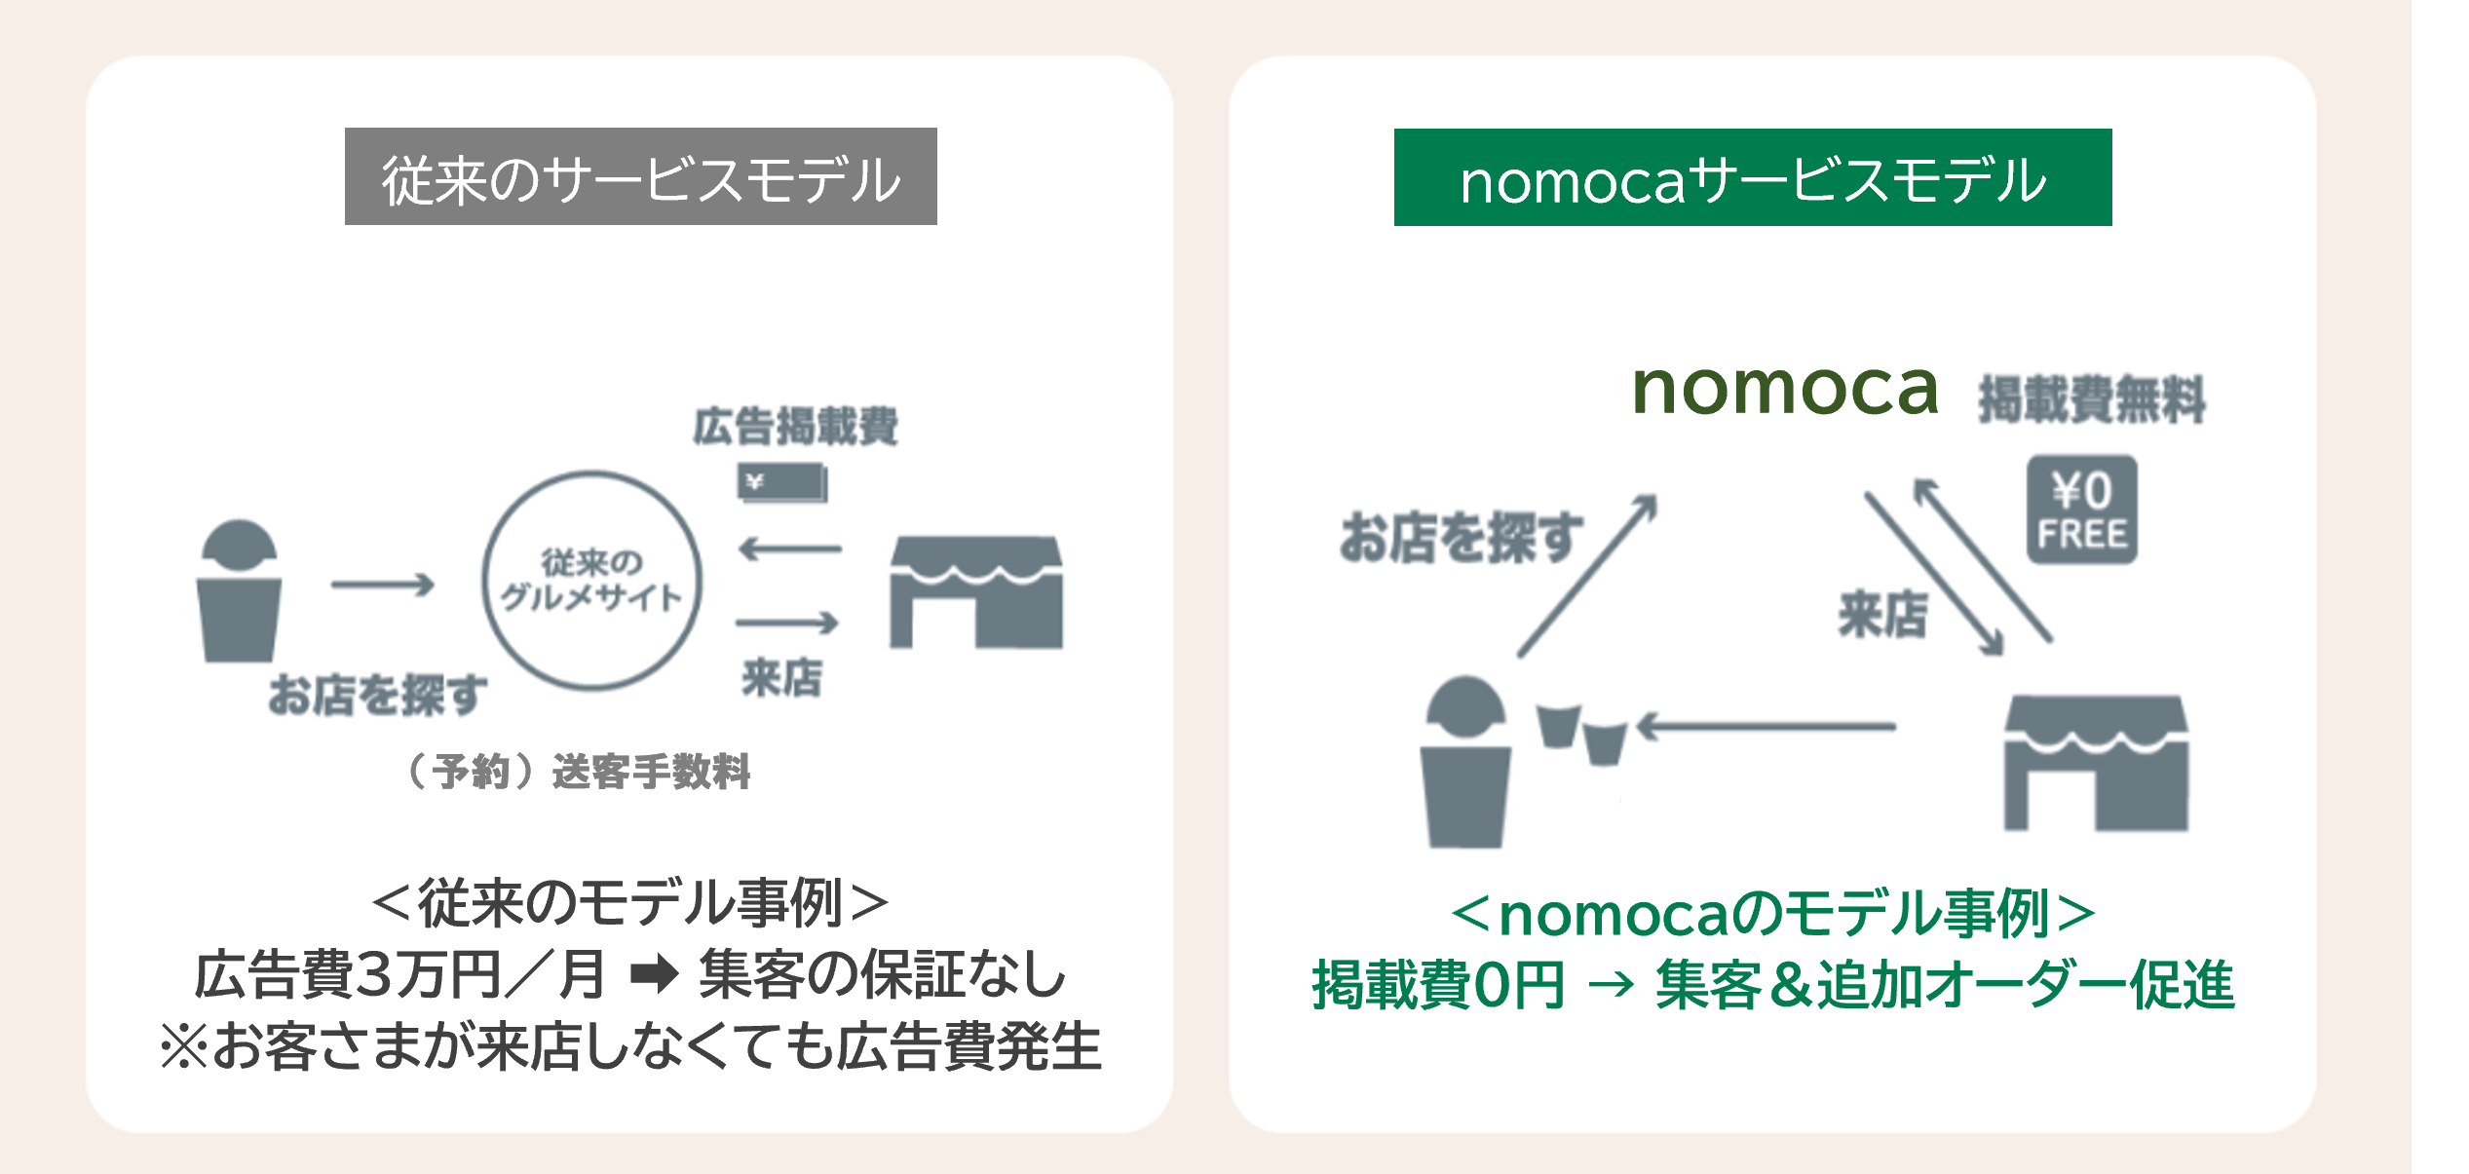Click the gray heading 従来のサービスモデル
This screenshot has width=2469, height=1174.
[641, 176]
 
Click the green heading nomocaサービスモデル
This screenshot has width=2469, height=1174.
[1753, 177]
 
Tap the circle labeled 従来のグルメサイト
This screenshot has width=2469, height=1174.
[591, 581]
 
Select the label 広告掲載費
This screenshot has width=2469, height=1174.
[795, 427]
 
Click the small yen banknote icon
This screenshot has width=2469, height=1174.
[782, 482]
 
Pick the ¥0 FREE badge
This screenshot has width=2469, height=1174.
[2082, 510]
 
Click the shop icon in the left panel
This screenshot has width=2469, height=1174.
[976, 592]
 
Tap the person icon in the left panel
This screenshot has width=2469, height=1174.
[239, 591]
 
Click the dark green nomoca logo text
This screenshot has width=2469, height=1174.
[1785, 389]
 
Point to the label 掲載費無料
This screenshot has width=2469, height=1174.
[2091, 399]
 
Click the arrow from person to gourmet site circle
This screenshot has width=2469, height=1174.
[383, 585]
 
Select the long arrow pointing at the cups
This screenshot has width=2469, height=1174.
[1766, 726]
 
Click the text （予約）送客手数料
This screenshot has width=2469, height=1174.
[576, 772]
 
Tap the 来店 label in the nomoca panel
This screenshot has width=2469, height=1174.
[1882, 615]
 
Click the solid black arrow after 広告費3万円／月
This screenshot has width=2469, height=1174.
[655, 974]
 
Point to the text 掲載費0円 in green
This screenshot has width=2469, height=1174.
[1438, 985]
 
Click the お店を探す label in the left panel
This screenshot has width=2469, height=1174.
[377, 695]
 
